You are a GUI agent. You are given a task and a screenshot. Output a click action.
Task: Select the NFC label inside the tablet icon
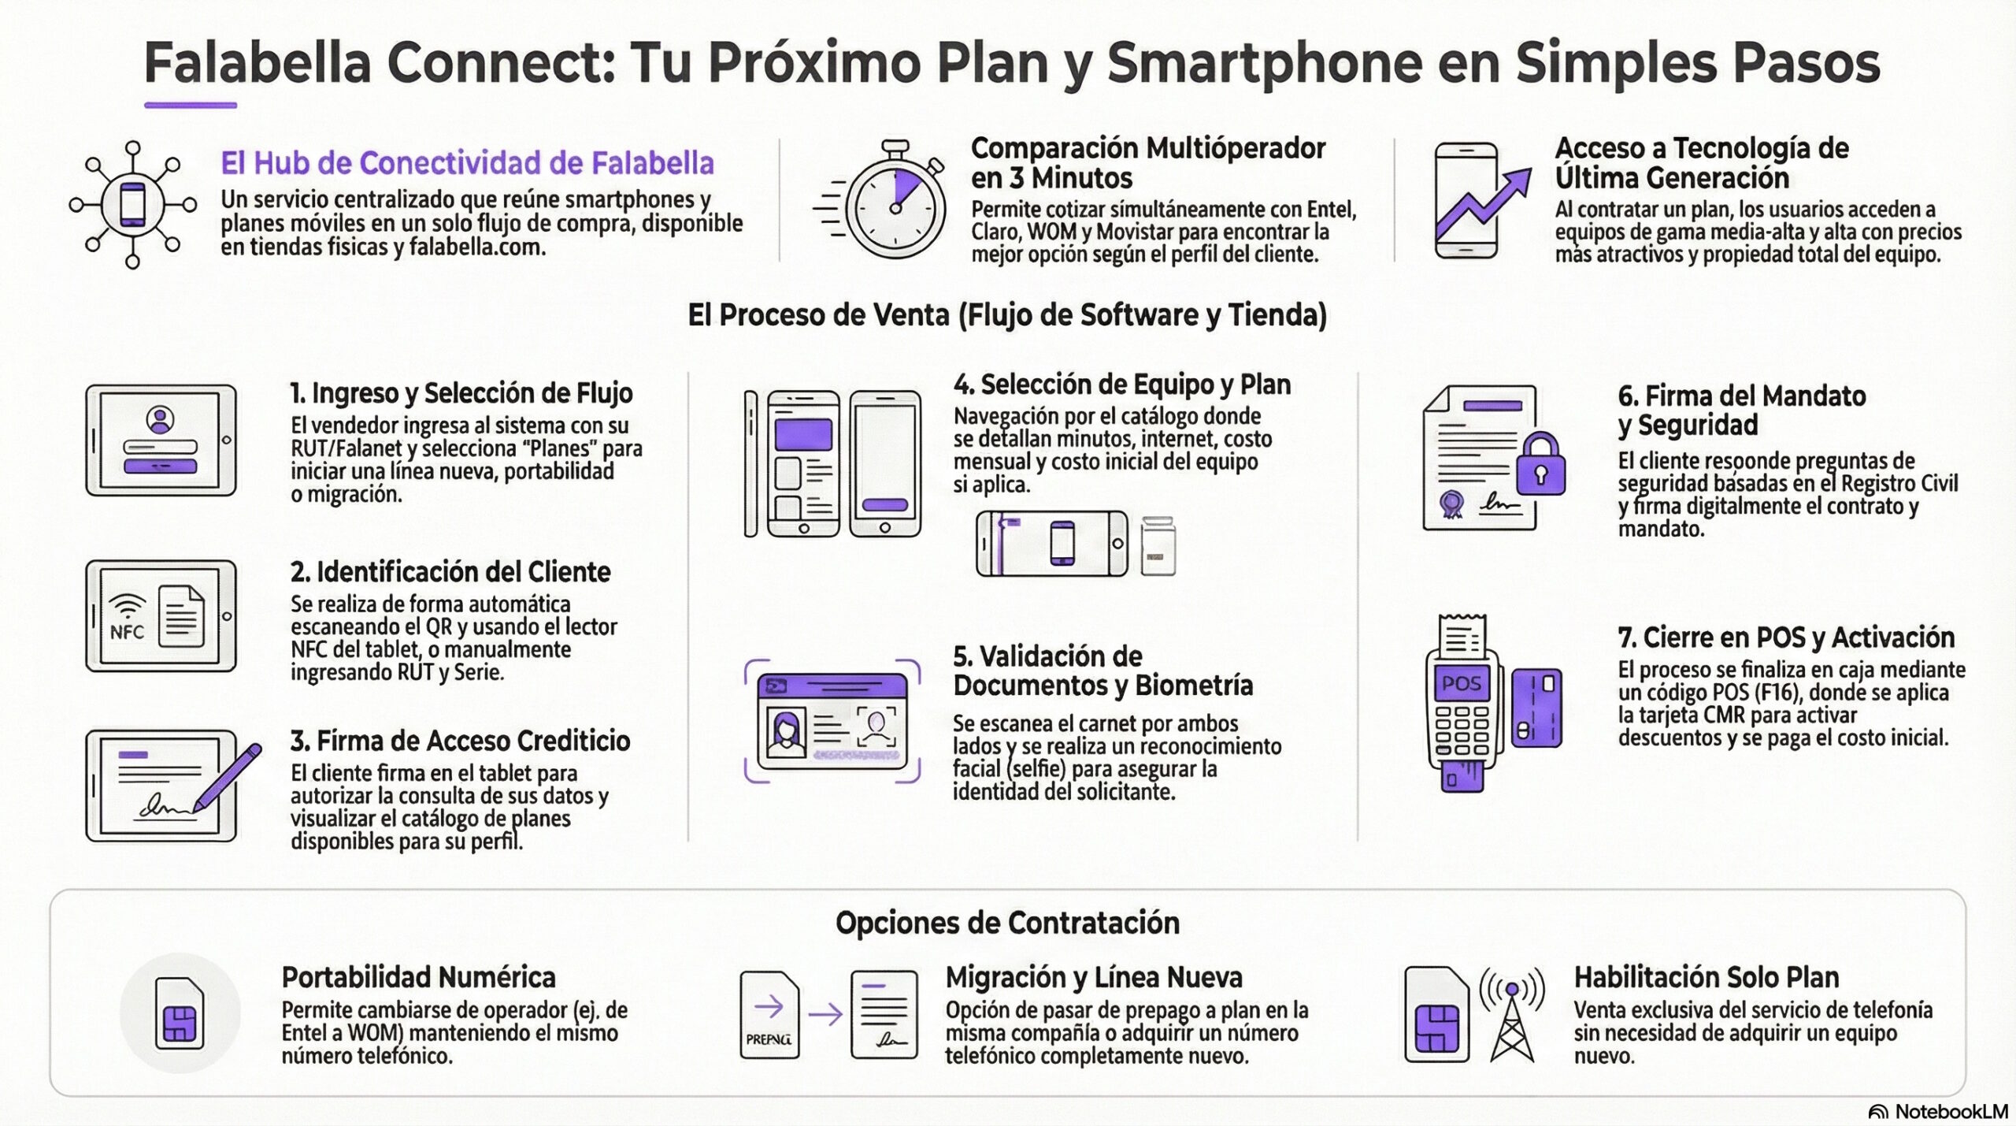(x=127, y=632)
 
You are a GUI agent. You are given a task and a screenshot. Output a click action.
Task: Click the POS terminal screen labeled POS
(x=1461, y=684)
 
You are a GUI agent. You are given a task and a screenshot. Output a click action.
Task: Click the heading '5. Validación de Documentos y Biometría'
(x=1102, y=671)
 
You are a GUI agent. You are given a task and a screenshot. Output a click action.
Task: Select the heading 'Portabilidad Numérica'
(x=419, y=977)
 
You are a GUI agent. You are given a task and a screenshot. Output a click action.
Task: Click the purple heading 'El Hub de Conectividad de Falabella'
(x=467, y=163)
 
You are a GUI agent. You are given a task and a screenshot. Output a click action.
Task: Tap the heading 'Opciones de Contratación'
(x=1007, y=923)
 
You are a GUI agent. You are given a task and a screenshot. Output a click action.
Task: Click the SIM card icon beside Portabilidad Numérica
(x=180, y=1013)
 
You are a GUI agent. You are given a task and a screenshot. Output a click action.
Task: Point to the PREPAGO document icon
(x=769, y=1014)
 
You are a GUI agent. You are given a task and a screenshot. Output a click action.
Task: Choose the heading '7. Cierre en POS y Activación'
(x=1786, y=637)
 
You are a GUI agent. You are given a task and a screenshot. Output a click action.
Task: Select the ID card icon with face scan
(x=832, y=721)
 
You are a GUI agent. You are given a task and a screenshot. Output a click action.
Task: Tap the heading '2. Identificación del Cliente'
(x=450, y=571)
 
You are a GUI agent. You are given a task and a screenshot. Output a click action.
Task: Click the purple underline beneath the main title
(x=191, y=105)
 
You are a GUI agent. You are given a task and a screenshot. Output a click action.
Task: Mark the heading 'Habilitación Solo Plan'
(x=1707, y=977)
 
